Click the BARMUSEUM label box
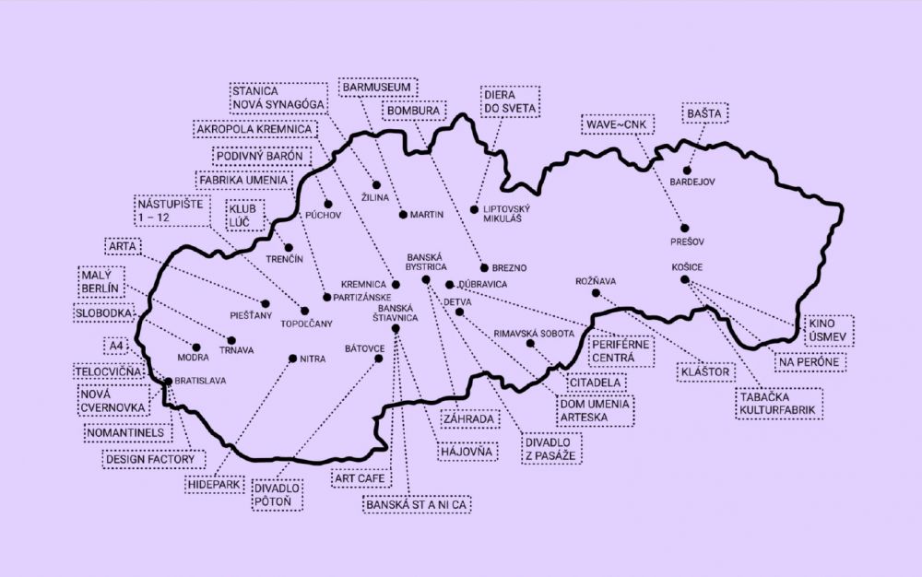[378, 88]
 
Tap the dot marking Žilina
[376, 183]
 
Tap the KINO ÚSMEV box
[828, 330]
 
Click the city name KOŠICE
[689, 267]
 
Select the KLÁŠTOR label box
[706, 372]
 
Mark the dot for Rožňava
[596, 293]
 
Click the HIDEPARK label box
[211, 482]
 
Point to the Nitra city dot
[292, 358]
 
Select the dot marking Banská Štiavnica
[396, 329]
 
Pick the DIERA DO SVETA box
[506, 102]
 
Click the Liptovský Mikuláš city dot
[475, 209]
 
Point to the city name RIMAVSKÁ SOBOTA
[535, 333]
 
